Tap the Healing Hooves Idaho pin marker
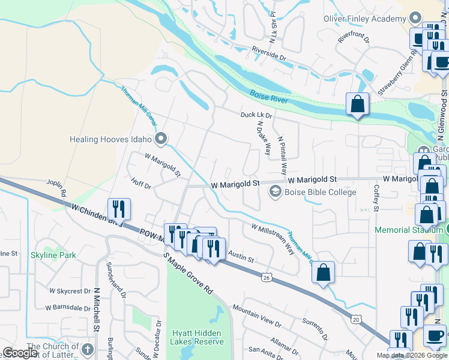click(160, 140)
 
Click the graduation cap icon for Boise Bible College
click(276, 192)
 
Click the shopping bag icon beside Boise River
click(357, 104)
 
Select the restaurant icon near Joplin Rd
click(118, 209)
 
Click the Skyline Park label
click(53, 255)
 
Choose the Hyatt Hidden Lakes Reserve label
click(197, 337)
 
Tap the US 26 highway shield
click(267, 277)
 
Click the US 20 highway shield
click(356, 320)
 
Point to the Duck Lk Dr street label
click(256, 115)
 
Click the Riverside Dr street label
click(269, 54)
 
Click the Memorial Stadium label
click(410, 230)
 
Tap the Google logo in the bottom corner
click(20, 353)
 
